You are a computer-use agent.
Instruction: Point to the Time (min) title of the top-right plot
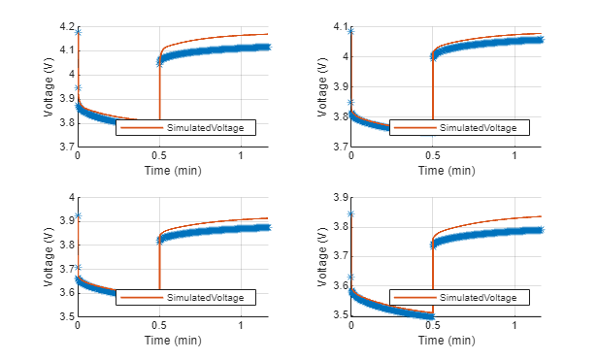[x=446, y=171]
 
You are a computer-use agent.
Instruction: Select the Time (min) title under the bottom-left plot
[x=172, y=341]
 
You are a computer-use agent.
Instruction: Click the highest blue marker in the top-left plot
[x=78, y=33]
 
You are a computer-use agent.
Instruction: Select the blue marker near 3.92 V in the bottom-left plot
[x=78, y=215]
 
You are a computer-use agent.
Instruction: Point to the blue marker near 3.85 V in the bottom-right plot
[x=351, y=213]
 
